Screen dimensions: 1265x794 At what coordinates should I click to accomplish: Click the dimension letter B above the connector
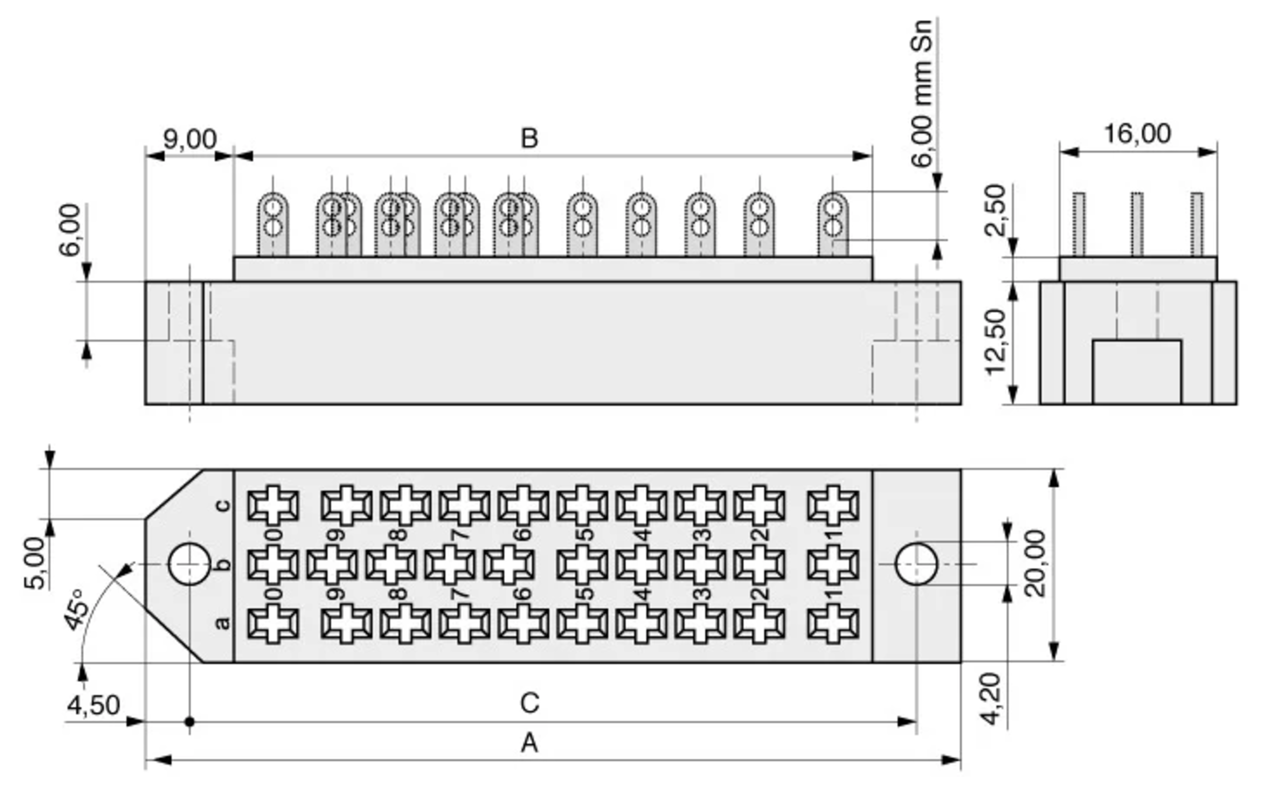529,139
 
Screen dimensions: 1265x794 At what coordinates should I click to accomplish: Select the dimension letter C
529,703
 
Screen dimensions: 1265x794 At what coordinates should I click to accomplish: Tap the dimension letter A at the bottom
529,743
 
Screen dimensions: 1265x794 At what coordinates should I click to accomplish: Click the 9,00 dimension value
190,139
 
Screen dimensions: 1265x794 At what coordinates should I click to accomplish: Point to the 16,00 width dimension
1137,134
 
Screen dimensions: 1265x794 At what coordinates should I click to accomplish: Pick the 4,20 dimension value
991,699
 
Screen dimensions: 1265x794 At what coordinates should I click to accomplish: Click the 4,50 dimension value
93,705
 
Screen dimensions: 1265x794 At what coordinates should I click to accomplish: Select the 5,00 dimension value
35,563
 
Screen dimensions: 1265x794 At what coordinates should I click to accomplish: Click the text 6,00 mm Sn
922,94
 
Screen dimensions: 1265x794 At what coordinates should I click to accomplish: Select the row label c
223,505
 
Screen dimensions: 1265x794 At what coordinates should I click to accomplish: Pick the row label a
223,623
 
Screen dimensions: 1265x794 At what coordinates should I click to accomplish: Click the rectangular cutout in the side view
1137,372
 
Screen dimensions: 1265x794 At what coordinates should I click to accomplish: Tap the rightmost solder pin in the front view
833,225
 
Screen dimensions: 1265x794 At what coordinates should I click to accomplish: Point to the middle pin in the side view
1137,225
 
